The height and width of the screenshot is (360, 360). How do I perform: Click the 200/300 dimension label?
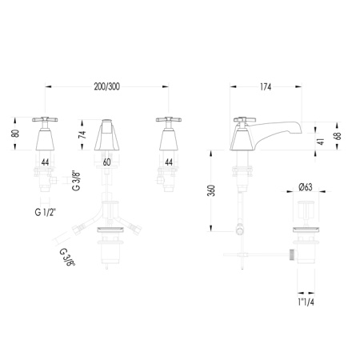pyautogui.click(x=106, y=86)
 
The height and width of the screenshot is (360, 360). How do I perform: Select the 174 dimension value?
pyautogui.click(x=266, y=87)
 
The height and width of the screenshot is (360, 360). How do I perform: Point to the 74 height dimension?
pyautogui.click(x=83, y=134)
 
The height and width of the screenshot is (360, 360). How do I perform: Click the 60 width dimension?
pyautogui.click(x=106, y=162)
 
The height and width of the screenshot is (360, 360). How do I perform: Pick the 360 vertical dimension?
pyautogui.click(x=211, y=190)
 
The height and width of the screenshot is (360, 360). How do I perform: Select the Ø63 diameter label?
pyautogui.click(x=306, y=187)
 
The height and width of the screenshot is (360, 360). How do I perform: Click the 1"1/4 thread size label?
pyautogui.click(x=306, y=302)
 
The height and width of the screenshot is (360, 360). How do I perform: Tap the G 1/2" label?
pyautogui.click(x=46, y=213)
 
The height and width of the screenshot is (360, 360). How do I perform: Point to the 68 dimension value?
pyautogui.click(x=338, y=136)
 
